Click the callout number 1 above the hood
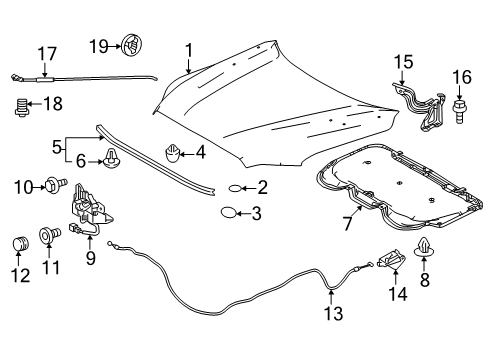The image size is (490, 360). [187, 50]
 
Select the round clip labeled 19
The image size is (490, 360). [129, 43]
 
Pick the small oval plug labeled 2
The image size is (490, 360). [234, 186]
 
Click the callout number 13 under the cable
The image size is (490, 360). [333, 314]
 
